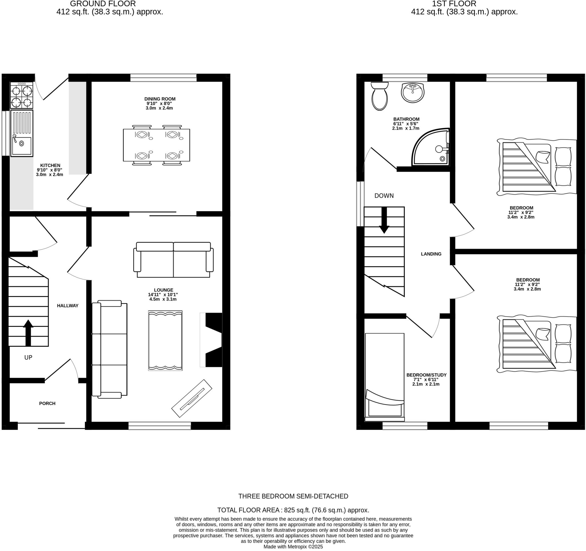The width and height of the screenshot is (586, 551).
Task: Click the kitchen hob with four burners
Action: [x=21, y=95]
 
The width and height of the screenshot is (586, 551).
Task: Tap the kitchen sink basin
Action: [x=22, y=146]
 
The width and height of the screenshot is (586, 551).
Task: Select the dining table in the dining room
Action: [x=156, y=145]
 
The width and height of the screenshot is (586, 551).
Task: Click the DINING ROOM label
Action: [x=160, y=99]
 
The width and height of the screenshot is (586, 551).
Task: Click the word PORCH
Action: [x=47, y=403]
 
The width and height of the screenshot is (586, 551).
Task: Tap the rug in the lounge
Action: [x=165, y=341]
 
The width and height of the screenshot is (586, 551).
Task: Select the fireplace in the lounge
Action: [x=213, y=340]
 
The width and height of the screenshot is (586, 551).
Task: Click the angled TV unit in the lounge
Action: [x=192, y=398]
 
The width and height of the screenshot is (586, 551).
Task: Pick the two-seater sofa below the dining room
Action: [x=173, y=259]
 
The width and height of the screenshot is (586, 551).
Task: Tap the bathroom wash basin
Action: [x=413, y=92]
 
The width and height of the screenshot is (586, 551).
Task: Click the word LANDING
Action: [x=431, y=254]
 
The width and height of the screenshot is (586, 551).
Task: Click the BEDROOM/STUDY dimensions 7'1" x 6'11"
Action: [x=426, y=379]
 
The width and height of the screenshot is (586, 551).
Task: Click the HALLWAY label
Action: [x=68, y=306]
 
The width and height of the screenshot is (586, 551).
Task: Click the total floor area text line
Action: [x=293, y=510]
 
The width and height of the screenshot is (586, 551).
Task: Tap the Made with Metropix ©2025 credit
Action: [x=293, y=547]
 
